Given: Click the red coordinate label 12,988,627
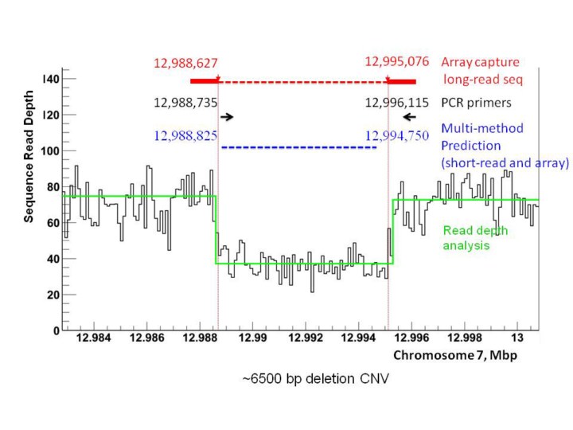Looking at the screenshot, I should pos(185,62).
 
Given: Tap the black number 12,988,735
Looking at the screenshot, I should pos(186,102).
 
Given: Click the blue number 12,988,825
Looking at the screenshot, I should pos(186,136).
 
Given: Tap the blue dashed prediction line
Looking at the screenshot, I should pos(298,147).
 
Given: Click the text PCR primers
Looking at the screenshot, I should pos(476,103).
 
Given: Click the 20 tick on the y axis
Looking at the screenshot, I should pos(53,295).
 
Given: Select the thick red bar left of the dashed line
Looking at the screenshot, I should pos(204,80).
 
